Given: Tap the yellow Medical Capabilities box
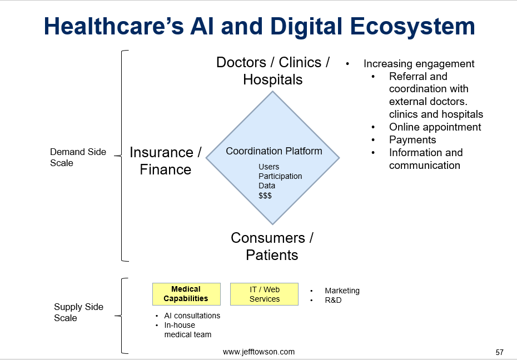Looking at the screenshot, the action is click(186, 294).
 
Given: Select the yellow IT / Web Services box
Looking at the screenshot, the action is click(264, 294).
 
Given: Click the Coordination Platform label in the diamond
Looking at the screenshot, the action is click(274, 151).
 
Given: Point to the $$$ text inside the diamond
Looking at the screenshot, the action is click(265, 196).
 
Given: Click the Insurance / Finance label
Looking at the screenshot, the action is click(166, 161).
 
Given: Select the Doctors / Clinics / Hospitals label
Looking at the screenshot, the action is click(273, 71).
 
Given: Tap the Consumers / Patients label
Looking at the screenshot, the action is click(272, 246).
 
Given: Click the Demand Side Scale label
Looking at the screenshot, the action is click(78, 157).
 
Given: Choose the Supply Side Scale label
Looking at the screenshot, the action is click(78, 312).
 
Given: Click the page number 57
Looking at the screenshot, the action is click(500, 352).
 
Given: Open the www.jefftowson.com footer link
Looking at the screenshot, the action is click(259, 352).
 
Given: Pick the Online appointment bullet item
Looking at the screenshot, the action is click(435, 127).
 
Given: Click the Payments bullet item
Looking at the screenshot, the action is click(412, 140).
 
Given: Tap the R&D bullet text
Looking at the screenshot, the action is click(333, 300).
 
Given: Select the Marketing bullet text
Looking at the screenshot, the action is click(342, 291).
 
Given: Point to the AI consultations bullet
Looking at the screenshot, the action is click(192, 316).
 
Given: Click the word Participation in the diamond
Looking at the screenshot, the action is click(280, 176).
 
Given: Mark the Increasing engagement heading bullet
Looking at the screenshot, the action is click(419, 63).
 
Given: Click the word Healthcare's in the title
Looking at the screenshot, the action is click(114, 26).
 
